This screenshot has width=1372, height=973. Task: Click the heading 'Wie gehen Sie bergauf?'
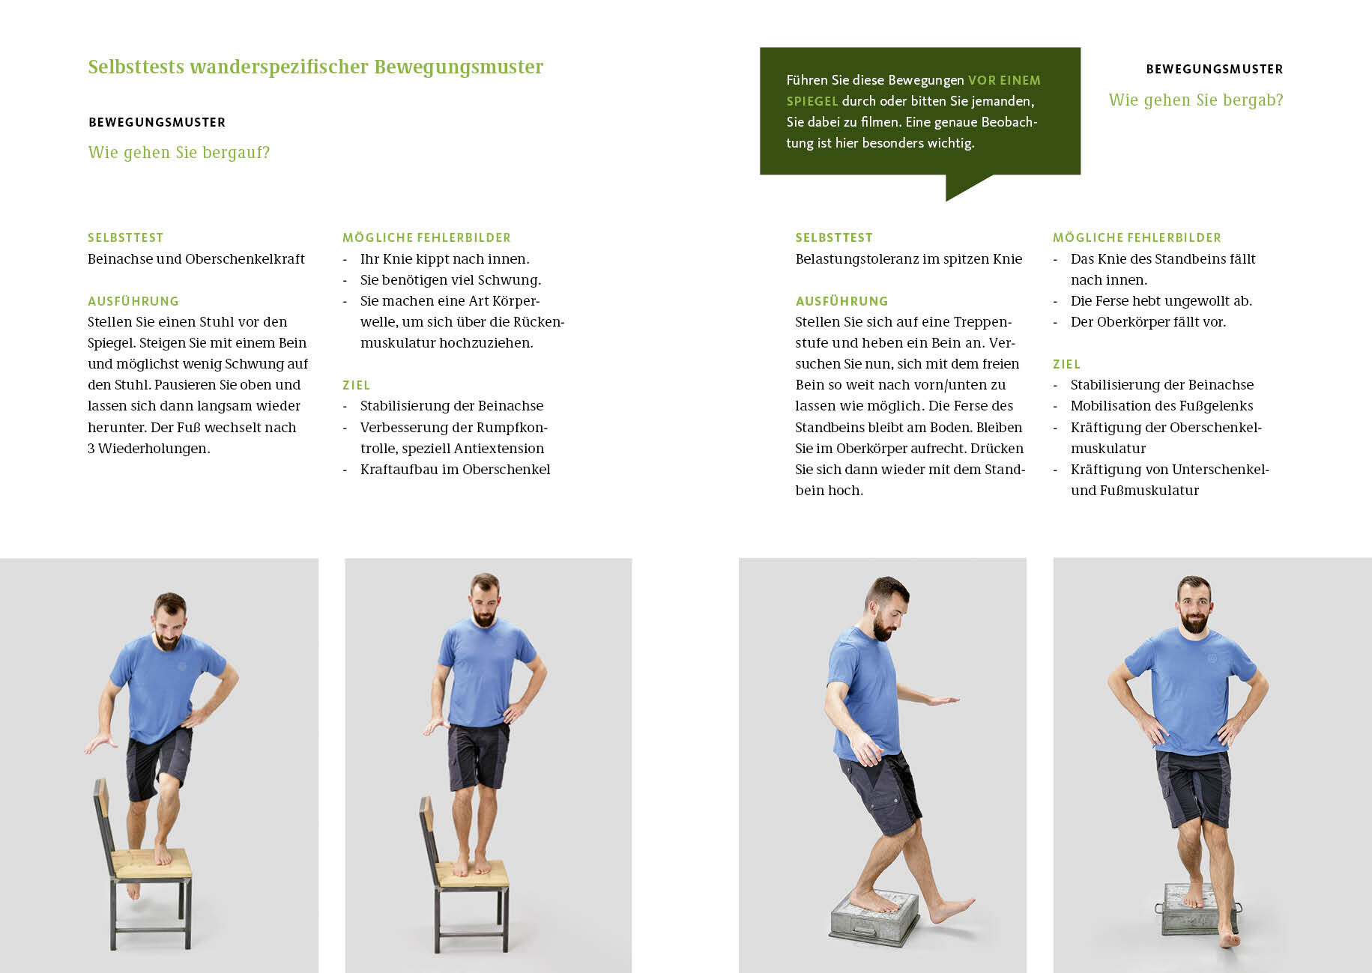pos(179,153)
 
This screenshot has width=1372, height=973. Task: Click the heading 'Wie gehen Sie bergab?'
pos(1196,100)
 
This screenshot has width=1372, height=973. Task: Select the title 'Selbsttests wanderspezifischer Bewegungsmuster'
pos(315,67)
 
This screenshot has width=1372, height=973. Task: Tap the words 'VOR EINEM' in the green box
pos(1004,80)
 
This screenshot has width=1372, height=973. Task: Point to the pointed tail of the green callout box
pos(949,198)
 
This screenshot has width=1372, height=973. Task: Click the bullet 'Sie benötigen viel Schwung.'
pos(450,280)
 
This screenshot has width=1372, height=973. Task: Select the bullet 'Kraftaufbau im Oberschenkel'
pos(455,470)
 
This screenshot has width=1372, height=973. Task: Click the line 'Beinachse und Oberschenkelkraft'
pos(196,259)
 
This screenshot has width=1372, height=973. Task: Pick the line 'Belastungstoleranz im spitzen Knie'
pos(908,259)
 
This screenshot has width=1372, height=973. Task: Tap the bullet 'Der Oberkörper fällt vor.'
pos(1148,322)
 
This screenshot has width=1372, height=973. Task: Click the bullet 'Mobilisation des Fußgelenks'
pos(1161,406)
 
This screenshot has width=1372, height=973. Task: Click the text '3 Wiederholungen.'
pos(148,449)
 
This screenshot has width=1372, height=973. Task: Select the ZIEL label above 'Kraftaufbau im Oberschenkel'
pos(356,385)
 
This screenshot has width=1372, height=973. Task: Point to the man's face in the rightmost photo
pos(1194,607)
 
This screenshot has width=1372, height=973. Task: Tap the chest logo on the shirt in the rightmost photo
pos(1212,658)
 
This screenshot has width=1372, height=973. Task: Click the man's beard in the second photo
pos(484,617)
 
